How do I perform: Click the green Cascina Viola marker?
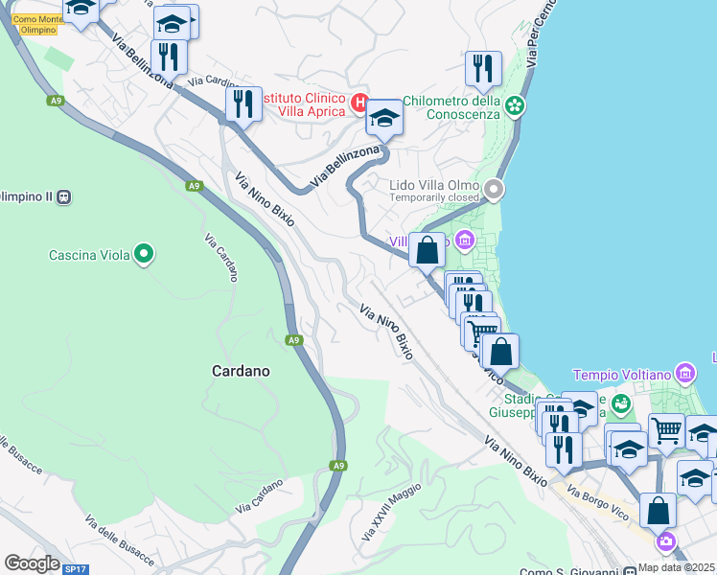[x=144, y=254]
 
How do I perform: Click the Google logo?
[x=32, y=563]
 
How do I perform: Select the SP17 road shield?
[x=75, y=569]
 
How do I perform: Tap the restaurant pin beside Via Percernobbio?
[x=483, y=68]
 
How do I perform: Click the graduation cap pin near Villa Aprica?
[x=384, y=118]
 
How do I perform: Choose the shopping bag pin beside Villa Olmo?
[x=428, y=250]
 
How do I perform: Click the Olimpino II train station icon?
[x=64, y=196]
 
